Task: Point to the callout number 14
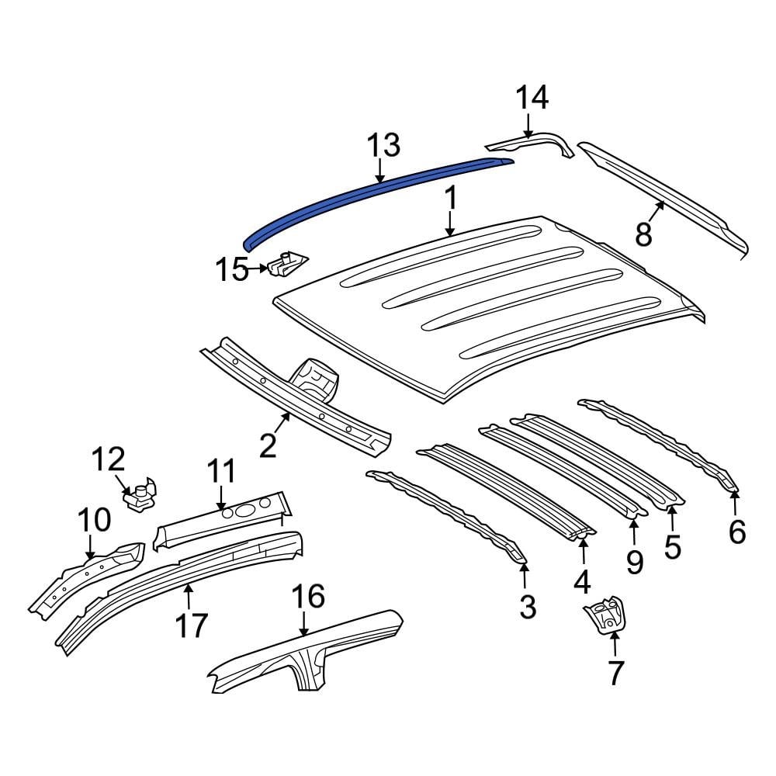click(x=532, y=99)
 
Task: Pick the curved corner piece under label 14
click(x=535, y=143)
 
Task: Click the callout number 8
click(x=643, y=234)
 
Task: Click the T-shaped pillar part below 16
click(x=307, y=652)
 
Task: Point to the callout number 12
click(x=109, y=459)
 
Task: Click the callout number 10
click(x=92, y=519)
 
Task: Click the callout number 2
click(x=268, y=446)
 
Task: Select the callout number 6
click(x=736, y=532)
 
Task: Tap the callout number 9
click(x=635, y=562)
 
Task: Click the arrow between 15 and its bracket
click(x=259, y=270)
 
